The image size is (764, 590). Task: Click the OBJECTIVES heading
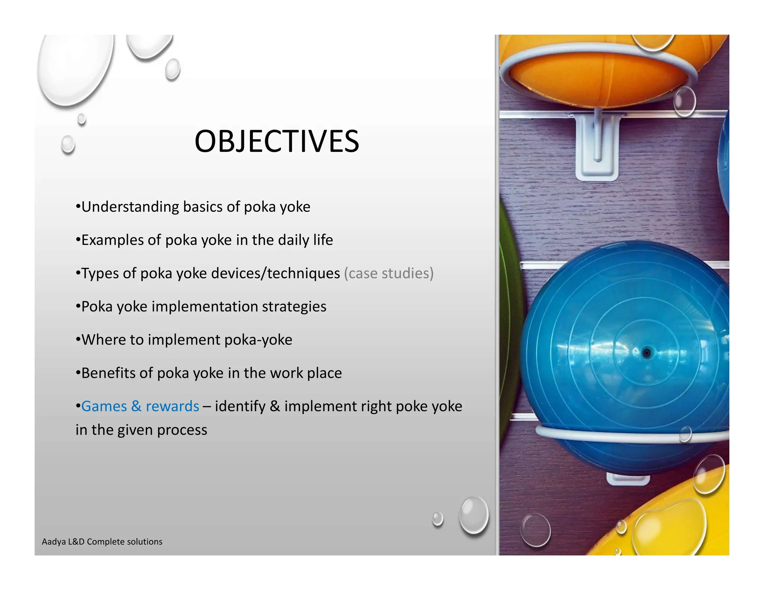276,142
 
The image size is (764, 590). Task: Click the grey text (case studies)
388,273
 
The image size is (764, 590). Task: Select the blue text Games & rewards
140,406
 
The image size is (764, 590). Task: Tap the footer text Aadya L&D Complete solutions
102,542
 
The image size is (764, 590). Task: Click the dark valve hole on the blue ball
646,352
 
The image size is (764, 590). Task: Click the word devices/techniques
275,273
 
